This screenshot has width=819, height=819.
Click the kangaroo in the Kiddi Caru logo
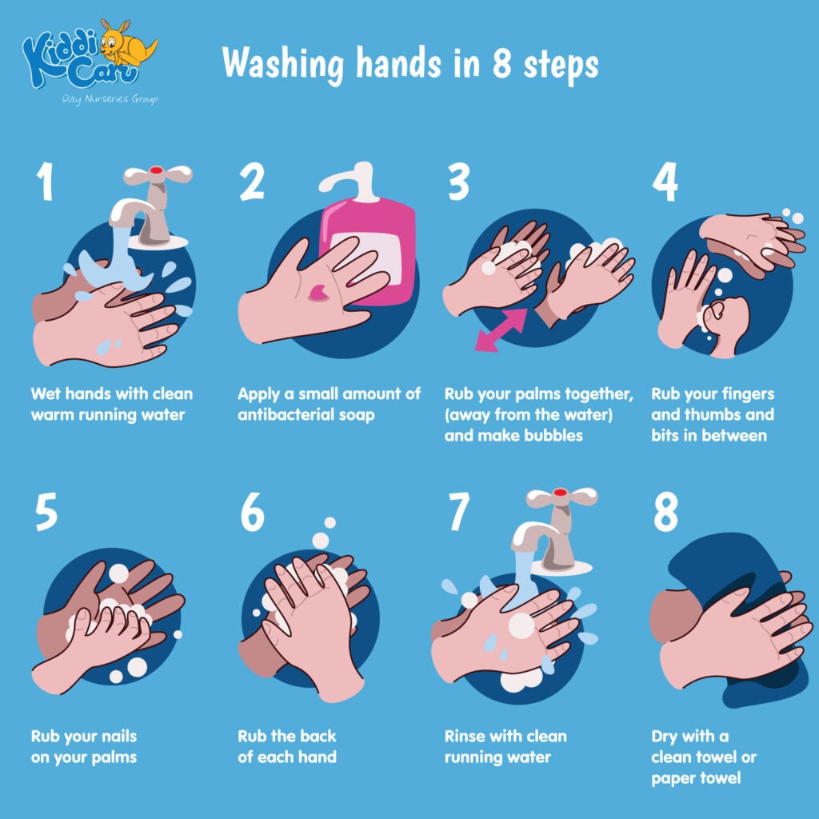pos(127,45)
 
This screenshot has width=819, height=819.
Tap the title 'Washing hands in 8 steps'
pos(409,63)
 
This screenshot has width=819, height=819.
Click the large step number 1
pos(45,182)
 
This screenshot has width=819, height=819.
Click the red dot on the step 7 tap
pos(560,492)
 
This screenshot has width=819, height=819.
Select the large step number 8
pos(665,512)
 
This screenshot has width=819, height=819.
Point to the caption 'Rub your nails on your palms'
pos(83,745)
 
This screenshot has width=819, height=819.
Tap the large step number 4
pos(665,182)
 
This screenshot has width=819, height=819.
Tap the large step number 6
pos(252,512)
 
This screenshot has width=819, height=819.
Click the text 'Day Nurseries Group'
pos(110,99)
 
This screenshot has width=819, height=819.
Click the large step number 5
pos(46,512)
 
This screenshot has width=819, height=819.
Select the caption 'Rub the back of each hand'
pos(286,745)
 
